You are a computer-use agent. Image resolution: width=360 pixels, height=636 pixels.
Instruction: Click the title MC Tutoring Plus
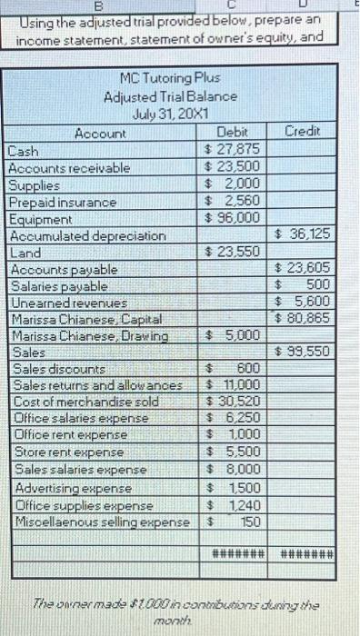[x=171, y=79]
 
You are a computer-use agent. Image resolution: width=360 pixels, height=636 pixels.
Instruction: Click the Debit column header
[x=234, y=133]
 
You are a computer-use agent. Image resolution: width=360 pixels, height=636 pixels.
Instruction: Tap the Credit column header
[x=303, y=133]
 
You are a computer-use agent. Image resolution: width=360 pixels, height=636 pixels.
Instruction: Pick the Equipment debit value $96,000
[x=233, y=217]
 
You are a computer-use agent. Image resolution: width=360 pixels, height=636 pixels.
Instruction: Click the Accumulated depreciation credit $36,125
[x=303, y=234]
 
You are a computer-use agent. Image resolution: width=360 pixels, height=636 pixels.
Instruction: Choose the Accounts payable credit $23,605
[x=303, y=268]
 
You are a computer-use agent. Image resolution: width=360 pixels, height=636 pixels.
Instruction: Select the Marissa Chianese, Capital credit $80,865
[x=303, y=318]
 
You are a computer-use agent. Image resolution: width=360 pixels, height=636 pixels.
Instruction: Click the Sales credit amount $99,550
[x=303, y=352]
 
